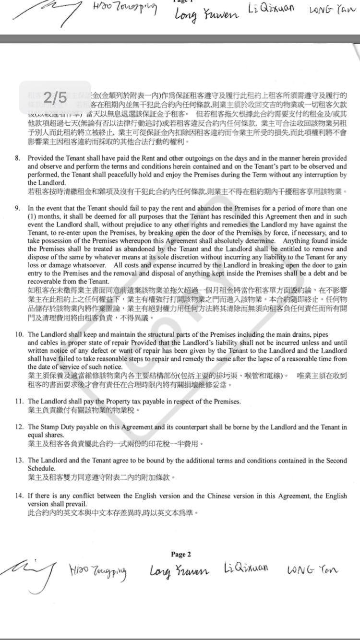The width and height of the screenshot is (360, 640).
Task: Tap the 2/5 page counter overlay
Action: point(55,98)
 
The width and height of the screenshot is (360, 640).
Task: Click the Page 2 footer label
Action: point(181,554)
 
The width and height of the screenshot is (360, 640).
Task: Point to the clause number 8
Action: point(18,158)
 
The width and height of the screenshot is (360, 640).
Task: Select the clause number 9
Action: point(18,208)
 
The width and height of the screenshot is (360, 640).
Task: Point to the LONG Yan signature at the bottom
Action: point(312,570)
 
